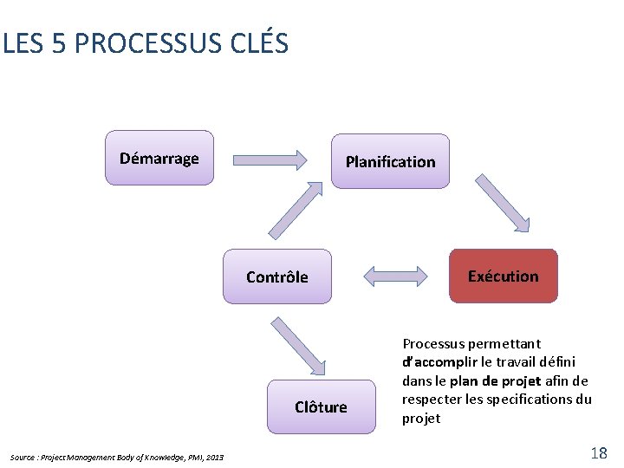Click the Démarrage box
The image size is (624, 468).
pyautogui.click(x=159, y=158)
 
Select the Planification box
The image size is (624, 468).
pyautogui.click(x=390, y=161)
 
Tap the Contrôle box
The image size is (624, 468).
pyautogui.click(x=276, y=276)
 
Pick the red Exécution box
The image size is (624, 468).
pyautogui.click(x=503, y=276)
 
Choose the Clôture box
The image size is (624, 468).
pyautogui.click(x=321, y=406)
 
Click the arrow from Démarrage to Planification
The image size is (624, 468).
pyautogui.click(x=271, y=159)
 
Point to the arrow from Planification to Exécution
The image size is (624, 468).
pyautogui.click(x=502, y=205)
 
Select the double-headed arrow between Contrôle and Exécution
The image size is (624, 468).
pyautogui.click(x=395, y=276)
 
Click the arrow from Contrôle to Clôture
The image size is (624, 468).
pyautogui.click(x=299, y=346)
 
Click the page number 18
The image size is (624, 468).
pyautogui.click(x=598, y=452)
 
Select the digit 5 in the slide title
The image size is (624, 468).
pyautogui.click(x=59, y=43)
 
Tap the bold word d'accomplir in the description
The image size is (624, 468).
pyautogui.click(x=441, y=361)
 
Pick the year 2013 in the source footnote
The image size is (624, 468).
pyautogui.click(x=215, y=457)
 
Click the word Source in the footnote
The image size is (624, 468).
pyautogui.click(x=23, y=457)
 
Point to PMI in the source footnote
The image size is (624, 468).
pyautogui.click(x=193, y=457)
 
